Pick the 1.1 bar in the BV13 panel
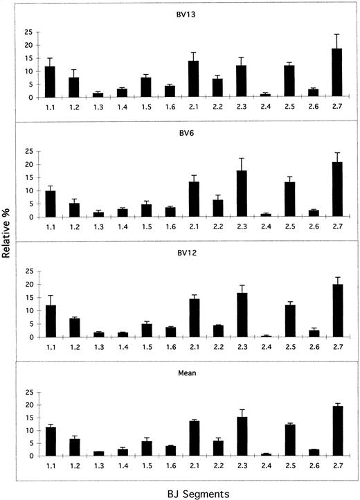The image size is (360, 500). point(50,82)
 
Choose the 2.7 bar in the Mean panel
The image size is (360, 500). point(337,431)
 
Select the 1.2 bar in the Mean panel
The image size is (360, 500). point(74,447)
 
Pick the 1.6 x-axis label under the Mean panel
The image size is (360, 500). point(170,466)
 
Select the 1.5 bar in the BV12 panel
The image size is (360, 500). point(145,330)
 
